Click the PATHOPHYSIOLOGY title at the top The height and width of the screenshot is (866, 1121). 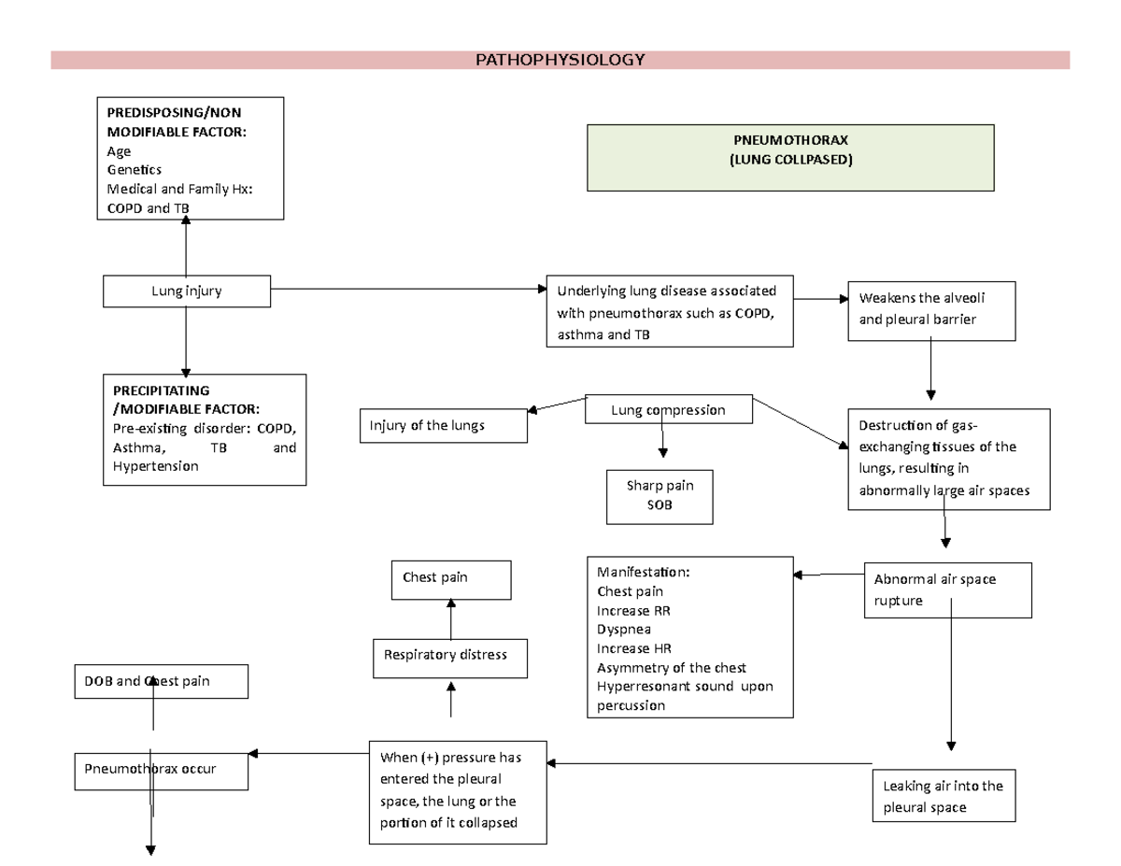560,61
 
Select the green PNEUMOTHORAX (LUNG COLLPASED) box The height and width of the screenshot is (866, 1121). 790,157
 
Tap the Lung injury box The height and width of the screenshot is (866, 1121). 187,291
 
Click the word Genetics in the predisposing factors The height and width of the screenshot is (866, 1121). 135,170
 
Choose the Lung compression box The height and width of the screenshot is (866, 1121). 668,410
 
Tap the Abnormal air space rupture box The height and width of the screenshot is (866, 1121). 947,589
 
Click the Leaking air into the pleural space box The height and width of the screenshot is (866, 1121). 943,795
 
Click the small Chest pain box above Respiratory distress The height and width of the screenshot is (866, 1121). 450,578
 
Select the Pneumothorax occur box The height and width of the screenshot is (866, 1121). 162,769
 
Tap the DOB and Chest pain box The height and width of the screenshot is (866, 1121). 162,681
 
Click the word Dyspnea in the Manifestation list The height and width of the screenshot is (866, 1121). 624,630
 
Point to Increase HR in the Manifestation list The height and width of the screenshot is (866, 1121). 634,648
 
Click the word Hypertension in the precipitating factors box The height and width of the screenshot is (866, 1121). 153,466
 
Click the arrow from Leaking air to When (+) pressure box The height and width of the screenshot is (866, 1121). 710,764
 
